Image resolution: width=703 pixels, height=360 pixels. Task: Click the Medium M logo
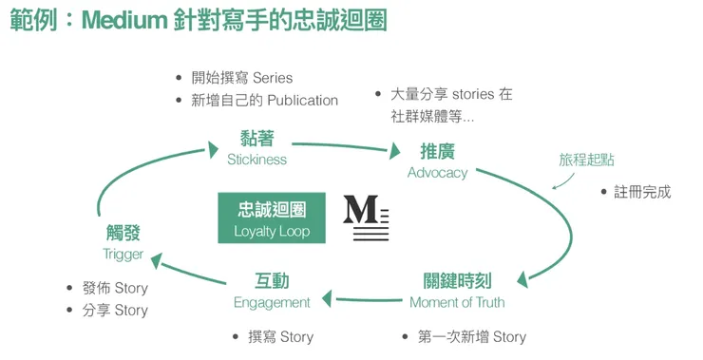point(365,218)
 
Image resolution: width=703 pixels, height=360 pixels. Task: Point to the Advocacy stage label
point(437,161)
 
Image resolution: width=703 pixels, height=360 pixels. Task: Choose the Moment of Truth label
point(457,292)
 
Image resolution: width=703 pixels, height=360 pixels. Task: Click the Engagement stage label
point(272,292)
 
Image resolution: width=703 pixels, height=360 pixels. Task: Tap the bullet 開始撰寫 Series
point(241,78)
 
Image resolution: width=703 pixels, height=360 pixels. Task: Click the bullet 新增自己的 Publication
point(264,100)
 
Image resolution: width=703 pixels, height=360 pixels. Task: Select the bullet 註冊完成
point(641,192)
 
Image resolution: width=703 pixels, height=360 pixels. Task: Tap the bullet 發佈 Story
point(114,288)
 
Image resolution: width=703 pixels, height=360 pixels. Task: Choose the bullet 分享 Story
point(114,310)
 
